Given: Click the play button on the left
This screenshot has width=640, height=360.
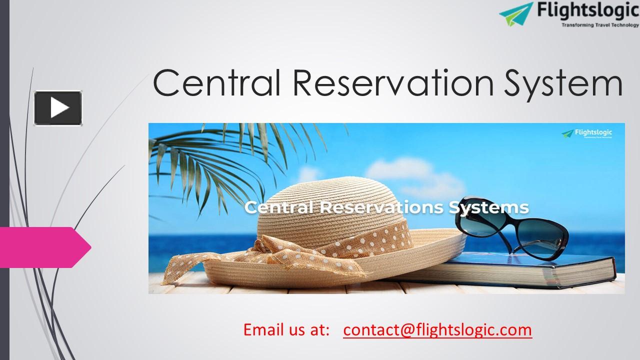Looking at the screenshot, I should point(58,108).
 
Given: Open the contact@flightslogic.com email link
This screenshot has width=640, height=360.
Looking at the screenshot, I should point(437,330).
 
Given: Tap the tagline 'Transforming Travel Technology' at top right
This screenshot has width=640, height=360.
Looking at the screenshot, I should point(593,25).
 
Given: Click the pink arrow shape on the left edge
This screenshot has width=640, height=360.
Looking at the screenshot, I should point(45,247).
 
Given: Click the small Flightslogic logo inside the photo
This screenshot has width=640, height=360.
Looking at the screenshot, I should point(587,134).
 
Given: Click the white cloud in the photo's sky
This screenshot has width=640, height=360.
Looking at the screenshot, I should point(430,177).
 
